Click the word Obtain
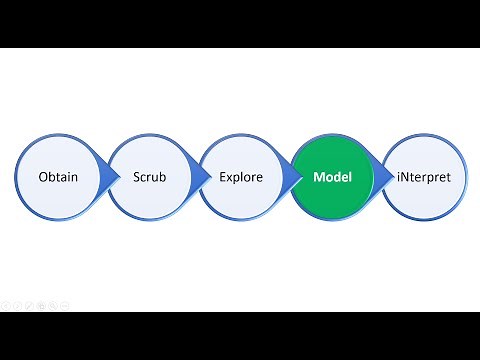(x=59, y=177)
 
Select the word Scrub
(x=151, y=177)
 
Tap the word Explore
(x=241, y=177)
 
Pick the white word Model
(x=331, y=177)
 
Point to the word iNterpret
(x=424, y=177)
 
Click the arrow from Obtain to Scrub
(x=104, y=177)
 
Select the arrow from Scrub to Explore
(x=196, y=177)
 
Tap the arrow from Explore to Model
(x=287, y=177)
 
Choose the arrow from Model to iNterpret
(x=378, y=177)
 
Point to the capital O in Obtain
(x=42, y=177)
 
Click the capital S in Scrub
(x=136, y=177)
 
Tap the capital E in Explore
(x=223, y=177)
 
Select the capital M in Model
(x=318, y=177)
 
